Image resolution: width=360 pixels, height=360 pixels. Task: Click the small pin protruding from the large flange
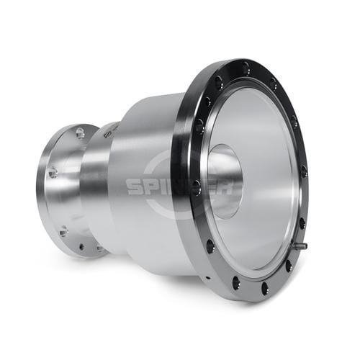300,246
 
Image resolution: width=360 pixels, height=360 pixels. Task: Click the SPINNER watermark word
179,186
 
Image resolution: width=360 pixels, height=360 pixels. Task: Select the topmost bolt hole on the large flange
246,67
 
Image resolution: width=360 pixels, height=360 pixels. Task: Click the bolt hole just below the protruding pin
289,266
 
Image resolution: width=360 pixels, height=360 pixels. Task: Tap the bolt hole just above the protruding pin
302,222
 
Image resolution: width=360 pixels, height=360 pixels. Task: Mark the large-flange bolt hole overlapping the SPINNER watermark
197,186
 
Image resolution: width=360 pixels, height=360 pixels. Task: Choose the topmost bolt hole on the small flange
80,132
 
